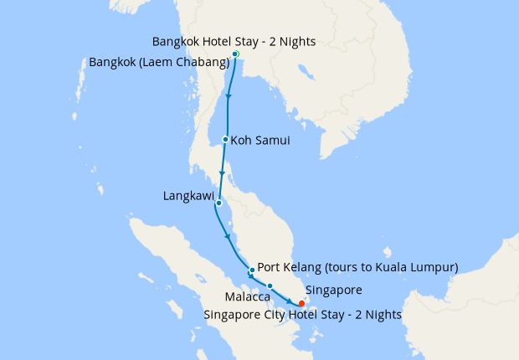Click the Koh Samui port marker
[x=226, y=140]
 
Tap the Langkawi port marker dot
[x=218, y=203]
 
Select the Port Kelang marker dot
[x=252, y=270]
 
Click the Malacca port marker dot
[x=270, y=286]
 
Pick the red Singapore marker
[x=301, y=302]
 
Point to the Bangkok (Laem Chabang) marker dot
[x=234, y=54]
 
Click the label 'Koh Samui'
[x=261, y=141]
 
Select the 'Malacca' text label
[x=247, y=297]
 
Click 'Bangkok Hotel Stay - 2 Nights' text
[x=234, y=41]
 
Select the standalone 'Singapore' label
[x=333, y=291]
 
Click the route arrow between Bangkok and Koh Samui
[x=229, y=98]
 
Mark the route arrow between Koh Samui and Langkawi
[x=222, y=173]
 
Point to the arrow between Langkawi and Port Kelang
[x=228, y=237]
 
